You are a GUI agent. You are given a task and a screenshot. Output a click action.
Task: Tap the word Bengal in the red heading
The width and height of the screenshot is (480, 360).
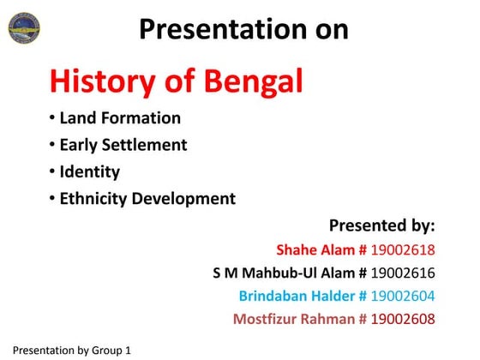coord(254,81)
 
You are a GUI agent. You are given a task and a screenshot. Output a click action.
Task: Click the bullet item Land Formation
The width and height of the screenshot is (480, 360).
coord(120,118)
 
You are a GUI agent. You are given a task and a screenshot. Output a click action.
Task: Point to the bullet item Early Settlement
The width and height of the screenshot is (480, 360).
coord(123,145)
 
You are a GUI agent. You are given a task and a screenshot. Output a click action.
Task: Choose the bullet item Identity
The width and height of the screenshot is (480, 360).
coord(89,171)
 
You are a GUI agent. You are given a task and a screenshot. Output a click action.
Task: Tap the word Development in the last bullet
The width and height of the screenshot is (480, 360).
coord(185,199)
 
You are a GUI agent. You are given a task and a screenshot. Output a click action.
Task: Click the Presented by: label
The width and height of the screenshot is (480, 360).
coord(381,226)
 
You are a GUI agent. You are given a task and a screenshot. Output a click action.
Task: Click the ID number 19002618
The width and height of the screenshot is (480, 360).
coord(403,250)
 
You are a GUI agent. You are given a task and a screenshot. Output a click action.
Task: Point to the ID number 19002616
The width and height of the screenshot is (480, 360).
coord(403,273)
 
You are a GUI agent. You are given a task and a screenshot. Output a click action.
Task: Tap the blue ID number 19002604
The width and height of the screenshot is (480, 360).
coord(403,297)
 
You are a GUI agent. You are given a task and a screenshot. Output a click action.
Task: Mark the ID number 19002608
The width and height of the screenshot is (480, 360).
coord(403,320)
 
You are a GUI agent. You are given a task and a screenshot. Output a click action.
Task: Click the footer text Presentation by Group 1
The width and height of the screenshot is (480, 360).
coord(72,351)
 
